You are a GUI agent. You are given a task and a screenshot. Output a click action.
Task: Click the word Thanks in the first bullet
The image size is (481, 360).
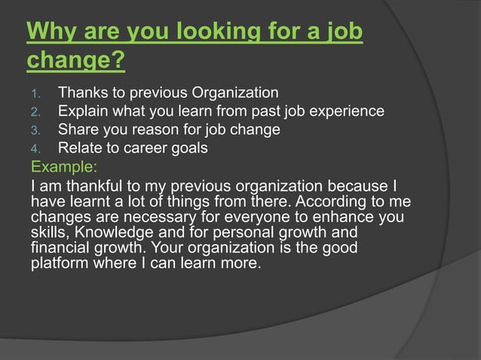[84, 93]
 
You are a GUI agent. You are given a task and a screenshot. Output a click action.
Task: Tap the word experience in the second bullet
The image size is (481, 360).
[349, 111]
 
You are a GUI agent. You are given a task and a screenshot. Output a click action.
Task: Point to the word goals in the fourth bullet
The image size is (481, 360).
[187, 148]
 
